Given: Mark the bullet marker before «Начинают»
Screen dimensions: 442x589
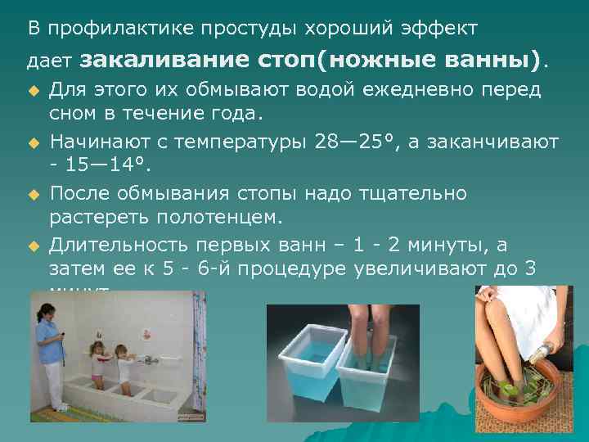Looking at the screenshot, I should pyautogui.click(x=34, y=142).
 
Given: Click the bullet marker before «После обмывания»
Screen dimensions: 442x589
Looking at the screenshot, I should pyautogui.click(x=34, y=194).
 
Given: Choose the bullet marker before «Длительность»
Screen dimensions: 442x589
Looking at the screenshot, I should pyautogui.click(x=34, y=245).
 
